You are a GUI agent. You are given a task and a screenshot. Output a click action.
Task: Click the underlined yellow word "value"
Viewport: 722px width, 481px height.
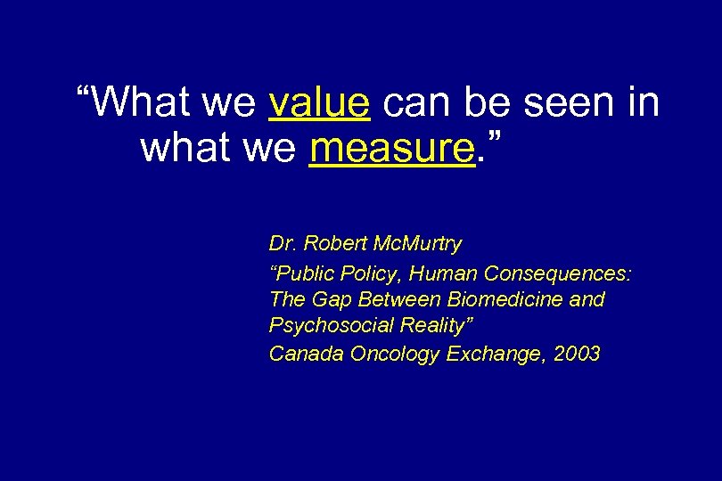click(319, 103)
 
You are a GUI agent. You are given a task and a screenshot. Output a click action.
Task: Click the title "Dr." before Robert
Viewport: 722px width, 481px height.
click(283, 244)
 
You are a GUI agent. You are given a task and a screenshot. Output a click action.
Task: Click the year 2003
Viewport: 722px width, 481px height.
click(577, 355)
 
